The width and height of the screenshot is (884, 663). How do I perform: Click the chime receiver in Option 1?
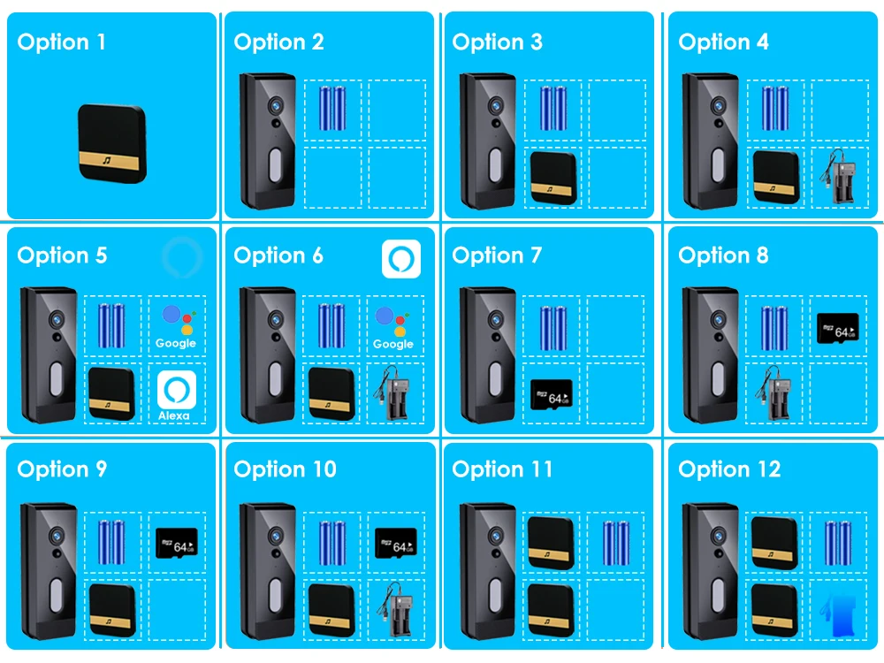pos(111,142)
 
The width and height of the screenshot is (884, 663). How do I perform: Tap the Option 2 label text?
pos(278,42)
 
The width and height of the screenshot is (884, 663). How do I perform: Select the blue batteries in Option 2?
pos(332,109)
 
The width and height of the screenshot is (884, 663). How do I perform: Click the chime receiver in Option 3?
pos(553,175)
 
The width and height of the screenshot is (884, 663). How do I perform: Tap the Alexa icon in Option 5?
pos(175,394)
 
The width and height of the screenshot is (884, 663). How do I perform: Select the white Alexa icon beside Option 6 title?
pos(400,259)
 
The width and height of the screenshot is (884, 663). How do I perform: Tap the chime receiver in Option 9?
pos(111,609)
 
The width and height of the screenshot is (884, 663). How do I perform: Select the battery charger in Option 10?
pos(394,609)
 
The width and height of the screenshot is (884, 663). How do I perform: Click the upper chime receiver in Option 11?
pos(551,541)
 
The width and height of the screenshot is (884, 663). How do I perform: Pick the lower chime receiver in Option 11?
pos(551,607)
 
